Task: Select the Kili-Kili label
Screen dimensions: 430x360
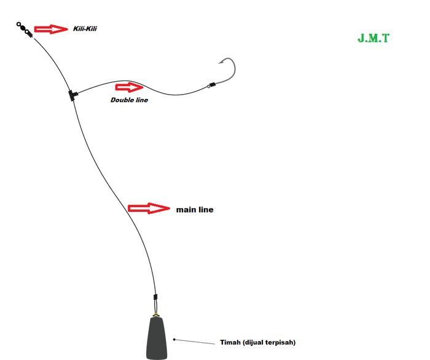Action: click(x=85, y=29)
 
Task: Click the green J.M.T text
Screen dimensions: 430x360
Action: click(x=373, y=38)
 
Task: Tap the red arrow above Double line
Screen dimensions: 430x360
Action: click(x=128, y=87)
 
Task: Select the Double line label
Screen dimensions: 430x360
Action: click(x=129, y=100)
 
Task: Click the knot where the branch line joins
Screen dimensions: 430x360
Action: click(x=72, y=95)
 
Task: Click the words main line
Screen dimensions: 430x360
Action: click(x=195, y=209)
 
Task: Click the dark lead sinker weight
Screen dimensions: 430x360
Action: click(x=157, y=338)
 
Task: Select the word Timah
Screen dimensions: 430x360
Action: click(x=230, y=342)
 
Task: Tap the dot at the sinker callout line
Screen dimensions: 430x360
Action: click(x=174, y=338)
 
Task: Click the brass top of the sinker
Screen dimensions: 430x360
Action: click(x=157, y=316)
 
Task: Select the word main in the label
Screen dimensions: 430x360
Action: click(x=186, y=209)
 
